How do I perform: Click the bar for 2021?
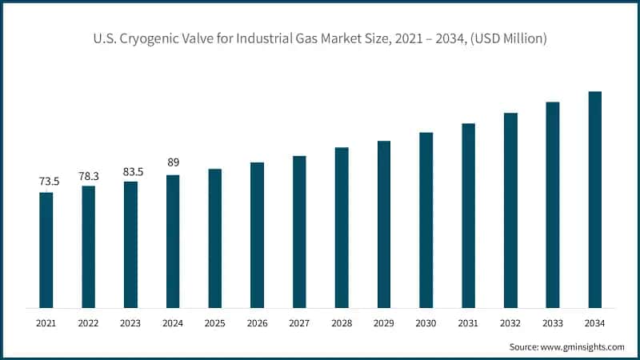pos(46,250)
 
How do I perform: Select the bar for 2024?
pos(173,241)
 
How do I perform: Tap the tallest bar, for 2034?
pos(595,199)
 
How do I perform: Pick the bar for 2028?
pos(342,227)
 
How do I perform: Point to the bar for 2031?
pos(469,215)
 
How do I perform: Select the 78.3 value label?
pos(89,175)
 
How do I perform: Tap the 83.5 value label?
pos(130,170)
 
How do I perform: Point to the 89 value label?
pos(173,163)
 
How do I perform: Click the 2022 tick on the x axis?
pos(89,323)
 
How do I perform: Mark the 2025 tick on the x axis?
pos(215,323)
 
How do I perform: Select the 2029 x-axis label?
pos(384,323)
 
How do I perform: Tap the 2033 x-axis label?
pos(553,323)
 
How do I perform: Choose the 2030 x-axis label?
pos(426,323)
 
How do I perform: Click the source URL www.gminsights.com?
pos(583,346)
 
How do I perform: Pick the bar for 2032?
pos(510,210)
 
